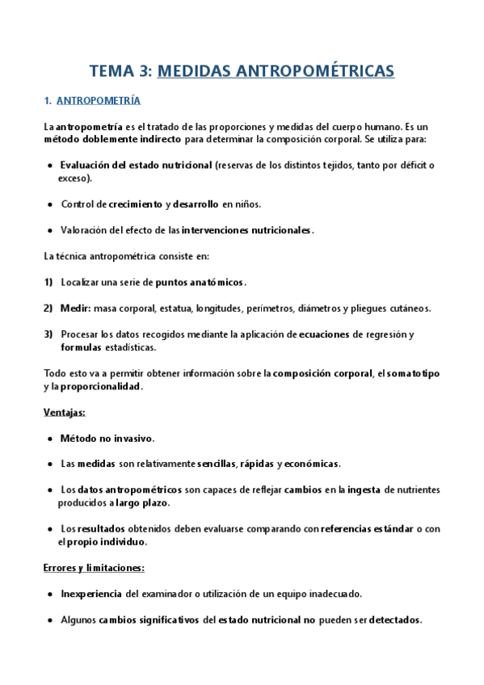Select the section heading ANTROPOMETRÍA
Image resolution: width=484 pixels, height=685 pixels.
point(98,101)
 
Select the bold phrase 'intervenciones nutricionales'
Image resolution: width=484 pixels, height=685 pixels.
point(246,230)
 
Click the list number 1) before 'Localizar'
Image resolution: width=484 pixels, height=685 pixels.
point(48,282)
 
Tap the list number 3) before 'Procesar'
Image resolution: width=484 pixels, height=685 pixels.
point(48,334)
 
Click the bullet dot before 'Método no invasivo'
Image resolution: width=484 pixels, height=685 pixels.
point(51,439)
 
